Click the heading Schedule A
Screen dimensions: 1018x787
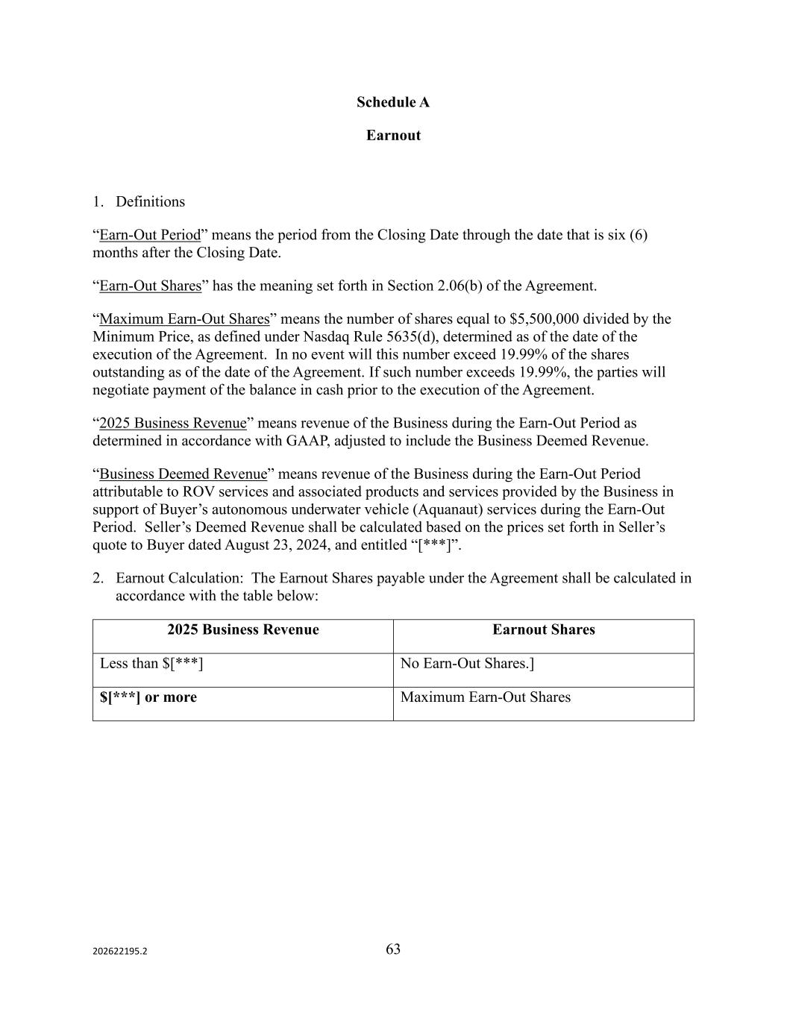pos(392,102)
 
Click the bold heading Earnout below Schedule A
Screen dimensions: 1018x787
pos(393,135)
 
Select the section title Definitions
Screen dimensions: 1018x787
pos(150,201)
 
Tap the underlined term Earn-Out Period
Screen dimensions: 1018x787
pos(150,235)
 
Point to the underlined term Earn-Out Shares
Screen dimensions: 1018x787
pos(150,286)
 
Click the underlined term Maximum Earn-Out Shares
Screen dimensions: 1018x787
pos(184,319)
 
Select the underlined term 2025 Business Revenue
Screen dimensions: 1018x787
pos(172,423)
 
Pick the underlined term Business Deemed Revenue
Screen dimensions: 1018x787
pos(183,474)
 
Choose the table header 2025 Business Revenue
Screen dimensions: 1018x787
pos(242,629)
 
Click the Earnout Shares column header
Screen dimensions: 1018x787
pos(543,629)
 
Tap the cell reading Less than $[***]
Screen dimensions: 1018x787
pos(151,663)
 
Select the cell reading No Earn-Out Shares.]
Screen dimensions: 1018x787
pos(467,663)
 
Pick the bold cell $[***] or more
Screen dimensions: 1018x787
pos(148,697)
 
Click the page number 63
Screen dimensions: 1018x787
pos(393,949)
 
